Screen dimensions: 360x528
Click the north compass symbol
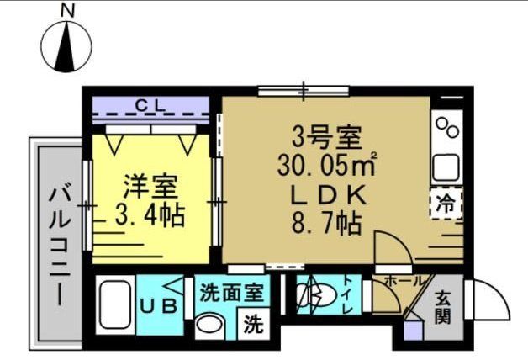(x=66, y=48)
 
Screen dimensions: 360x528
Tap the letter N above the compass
(x=67, y=10)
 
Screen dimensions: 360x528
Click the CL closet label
(x=151, y=105)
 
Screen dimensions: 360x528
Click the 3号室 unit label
(x=326, y=135)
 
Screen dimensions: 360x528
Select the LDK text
(x=326, y=194)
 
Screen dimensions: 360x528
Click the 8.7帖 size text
(x=326, y=224)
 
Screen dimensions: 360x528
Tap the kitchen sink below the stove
(x=445, y=166)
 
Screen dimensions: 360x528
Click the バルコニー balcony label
(x=57, y=244)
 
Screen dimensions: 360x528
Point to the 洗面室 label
(x=232, y=292)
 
